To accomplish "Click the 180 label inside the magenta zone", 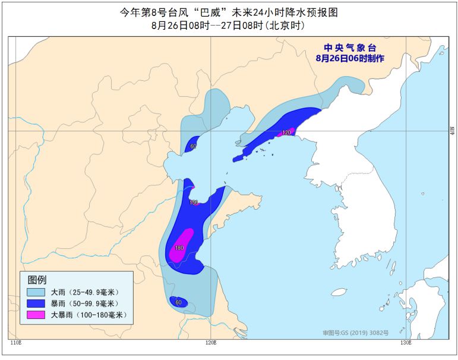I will coord(178,248).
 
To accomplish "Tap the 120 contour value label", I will coord(286,132).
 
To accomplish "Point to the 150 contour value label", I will coord(193,203).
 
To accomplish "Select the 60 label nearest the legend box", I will coord(178,302).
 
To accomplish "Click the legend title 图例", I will coord(37,279).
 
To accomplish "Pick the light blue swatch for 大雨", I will coord(36,292).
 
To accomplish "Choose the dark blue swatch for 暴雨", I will coord(36,303).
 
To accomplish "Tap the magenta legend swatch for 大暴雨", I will coord(36,314).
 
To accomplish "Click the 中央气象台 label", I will coord(350,48).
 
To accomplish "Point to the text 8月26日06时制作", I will coord(350,58).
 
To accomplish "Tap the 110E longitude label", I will coord(16,343).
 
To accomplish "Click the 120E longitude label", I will coord(210,343).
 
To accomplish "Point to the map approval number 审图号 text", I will coord(355,333).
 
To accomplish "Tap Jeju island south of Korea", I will coord(339,292).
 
